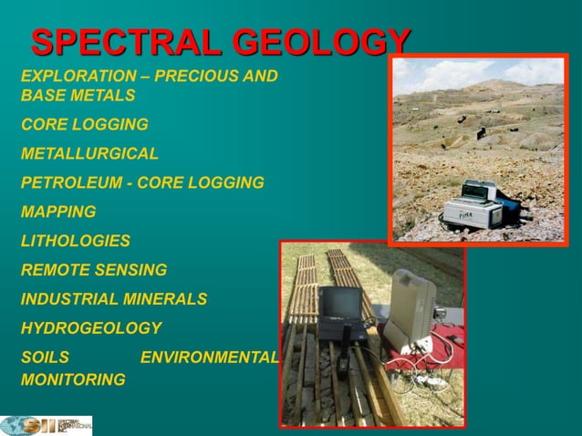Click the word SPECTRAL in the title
coord(127,44)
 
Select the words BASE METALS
coord(78,95)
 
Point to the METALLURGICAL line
coord(89,153)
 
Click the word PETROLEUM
coord(72,182)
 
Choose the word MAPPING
coord(58,212)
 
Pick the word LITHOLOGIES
coord(75,241)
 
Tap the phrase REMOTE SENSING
coord(94,270)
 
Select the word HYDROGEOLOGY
coord(90,328)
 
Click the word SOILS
coord(45,358)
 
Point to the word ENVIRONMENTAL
coord(209,358)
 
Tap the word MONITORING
coord(73,379)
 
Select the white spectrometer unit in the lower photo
coord(408,310)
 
